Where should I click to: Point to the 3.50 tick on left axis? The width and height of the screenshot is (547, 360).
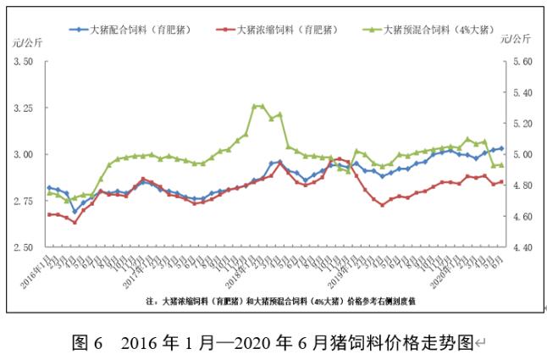click(23, 62)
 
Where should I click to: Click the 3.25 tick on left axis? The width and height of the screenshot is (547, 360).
click(23, 108)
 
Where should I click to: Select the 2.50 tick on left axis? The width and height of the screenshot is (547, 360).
click(23, 247)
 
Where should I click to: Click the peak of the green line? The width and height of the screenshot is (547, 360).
click(255, 106)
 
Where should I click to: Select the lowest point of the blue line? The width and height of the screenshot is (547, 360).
click(75, 212)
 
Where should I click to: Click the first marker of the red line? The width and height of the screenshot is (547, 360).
click(49, 214)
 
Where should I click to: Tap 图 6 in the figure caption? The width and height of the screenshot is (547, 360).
click(87, 343)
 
